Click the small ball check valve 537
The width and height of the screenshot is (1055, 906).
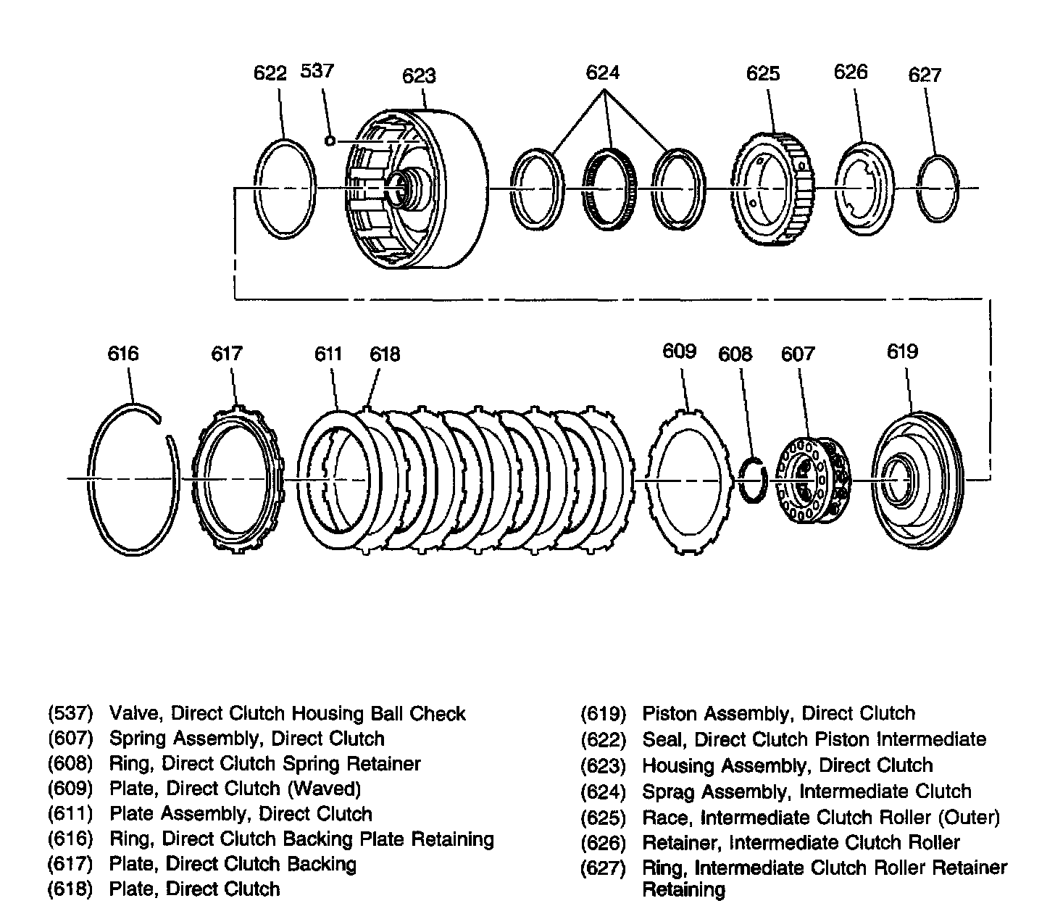tap(330, 141)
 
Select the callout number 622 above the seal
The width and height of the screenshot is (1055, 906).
tap(270, 73)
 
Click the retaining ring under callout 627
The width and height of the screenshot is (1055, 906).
tap(938, 188)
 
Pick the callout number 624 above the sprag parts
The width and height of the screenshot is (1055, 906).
tap(603, 72)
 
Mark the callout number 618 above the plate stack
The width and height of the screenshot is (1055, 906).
tap(385, 354)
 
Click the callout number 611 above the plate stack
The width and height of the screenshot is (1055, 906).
tap(328, 354)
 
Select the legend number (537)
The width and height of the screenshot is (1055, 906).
tap(71, 714)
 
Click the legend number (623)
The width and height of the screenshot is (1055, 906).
tap(603, 766)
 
